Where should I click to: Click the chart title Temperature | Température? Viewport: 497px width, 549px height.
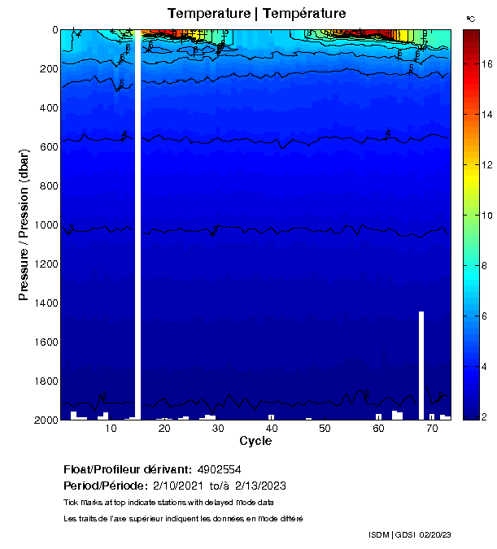[x=256, y=14]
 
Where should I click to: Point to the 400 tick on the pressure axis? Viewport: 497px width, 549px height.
[x=48, y=108]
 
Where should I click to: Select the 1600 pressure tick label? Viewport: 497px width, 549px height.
[x=45, y=342]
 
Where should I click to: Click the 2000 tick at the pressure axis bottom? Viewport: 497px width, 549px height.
[x=45, y=420]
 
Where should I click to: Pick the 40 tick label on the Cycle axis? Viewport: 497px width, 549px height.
[x=271, y=429]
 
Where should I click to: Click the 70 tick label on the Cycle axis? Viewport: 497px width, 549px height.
[x=431, y=429]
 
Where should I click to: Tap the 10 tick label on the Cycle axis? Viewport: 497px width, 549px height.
[x=111, y=429]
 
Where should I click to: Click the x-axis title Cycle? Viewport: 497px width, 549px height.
[x=255, y=442]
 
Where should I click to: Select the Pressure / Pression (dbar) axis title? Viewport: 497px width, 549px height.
[x=24, y=224]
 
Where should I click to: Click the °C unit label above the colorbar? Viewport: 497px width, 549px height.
[x=470, y=18]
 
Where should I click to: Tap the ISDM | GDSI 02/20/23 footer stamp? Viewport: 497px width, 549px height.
[x=409, y=534]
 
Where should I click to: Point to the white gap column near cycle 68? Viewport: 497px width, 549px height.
[x=421, y=364]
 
